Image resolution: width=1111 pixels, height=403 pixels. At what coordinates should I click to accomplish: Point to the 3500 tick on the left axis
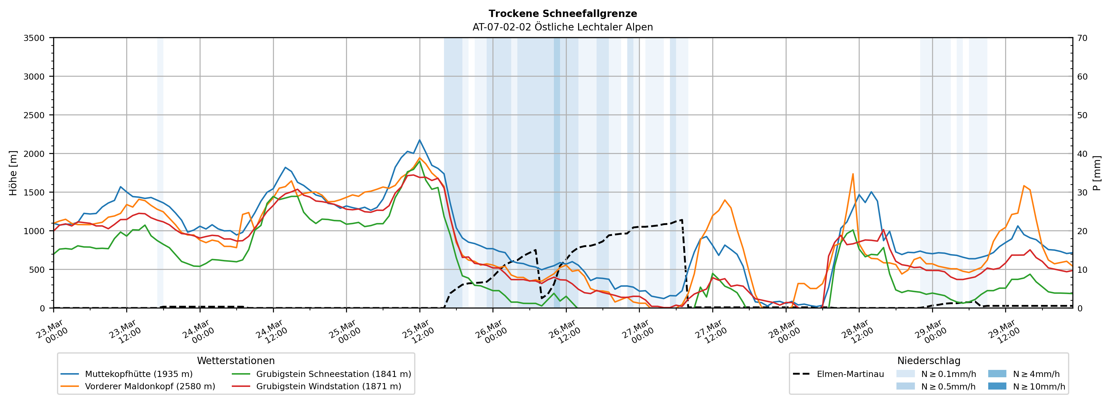34,38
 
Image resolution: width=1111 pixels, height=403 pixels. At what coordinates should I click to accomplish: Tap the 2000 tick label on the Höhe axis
34,154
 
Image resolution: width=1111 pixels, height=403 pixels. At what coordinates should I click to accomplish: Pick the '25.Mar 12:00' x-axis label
417,332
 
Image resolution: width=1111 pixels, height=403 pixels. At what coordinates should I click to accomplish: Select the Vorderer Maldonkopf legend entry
150,386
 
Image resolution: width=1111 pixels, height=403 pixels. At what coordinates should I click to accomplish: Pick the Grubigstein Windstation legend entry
328,386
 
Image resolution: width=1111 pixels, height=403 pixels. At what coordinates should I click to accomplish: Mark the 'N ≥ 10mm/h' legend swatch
997,386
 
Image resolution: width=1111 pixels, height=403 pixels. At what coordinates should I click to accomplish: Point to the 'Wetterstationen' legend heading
236,361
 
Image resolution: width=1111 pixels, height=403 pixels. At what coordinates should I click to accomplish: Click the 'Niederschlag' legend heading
929,361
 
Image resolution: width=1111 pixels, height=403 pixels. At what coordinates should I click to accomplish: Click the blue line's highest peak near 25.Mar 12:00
420,140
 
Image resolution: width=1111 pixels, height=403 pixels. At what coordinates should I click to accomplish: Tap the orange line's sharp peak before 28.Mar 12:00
853,174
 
